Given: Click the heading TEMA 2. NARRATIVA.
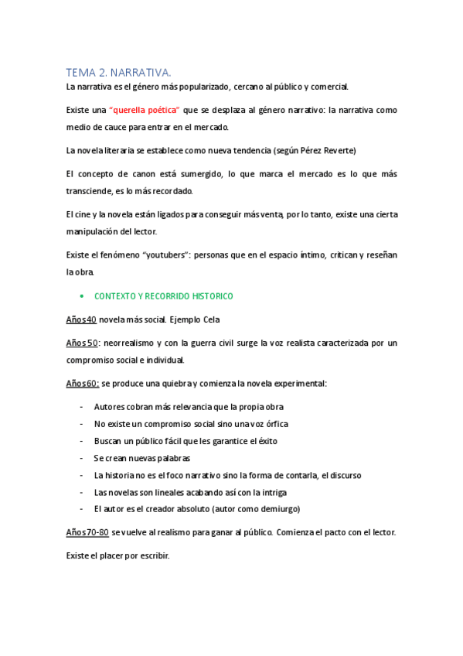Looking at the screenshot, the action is [118, 72].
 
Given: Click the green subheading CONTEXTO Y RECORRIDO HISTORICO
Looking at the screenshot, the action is [163, 296].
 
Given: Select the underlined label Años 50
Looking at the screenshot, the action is [81, 342].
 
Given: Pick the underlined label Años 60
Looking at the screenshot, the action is [83, 383].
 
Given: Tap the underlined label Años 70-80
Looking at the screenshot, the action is [88, 532].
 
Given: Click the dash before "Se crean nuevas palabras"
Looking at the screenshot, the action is [81, 458].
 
